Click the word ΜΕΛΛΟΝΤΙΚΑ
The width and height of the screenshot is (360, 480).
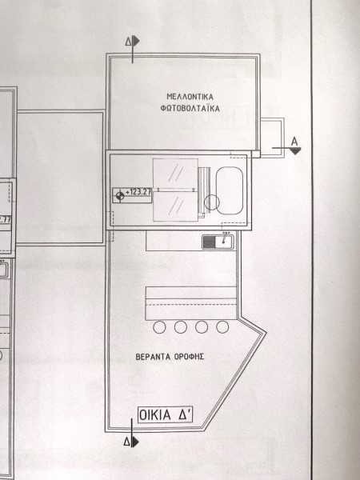pyautogui.click(x=190, y=97)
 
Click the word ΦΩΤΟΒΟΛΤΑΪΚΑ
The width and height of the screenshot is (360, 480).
pyautogui.click(x=190, y=108)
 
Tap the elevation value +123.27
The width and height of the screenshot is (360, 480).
pyautogui.click(x=138, y=192)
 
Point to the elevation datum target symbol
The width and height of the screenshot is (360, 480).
pyautogui.click(x=120, y=195)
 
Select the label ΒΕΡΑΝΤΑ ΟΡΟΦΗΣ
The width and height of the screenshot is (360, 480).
pyautogui.click(x=170, y=357)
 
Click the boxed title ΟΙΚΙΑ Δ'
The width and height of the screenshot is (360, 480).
pyautogui.click(x=166, y=415)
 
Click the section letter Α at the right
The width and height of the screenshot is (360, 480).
pyautogui.click(x=294, y=142)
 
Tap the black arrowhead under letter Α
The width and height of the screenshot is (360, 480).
pyautogui.click(x=295, y=151)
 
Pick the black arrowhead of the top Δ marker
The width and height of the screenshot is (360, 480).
pyautogui.click(x=136, y=41)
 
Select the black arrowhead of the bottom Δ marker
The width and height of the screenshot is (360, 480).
pyautogui.click(x=135, y=442)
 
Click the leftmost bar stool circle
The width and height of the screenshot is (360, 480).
pyautogui.click(x=159, y=327)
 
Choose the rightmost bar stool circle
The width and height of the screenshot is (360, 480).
pyautogui.click(x=222, y=327)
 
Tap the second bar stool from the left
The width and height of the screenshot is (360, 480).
pyautogui.click(x=181, y=327)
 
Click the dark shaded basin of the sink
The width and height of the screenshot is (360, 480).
pyautogui.click(x=210, y=242)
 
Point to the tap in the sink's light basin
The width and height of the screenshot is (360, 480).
pyautogui.click(x=225, y=241)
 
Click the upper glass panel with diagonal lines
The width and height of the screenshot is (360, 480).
pyautogui.click(x=175, y=174)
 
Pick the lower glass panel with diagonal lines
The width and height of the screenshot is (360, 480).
pyautogui.click(x=175, y=206)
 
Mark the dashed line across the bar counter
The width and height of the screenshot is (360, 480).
pyautogui.click(x=191, y=305)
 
